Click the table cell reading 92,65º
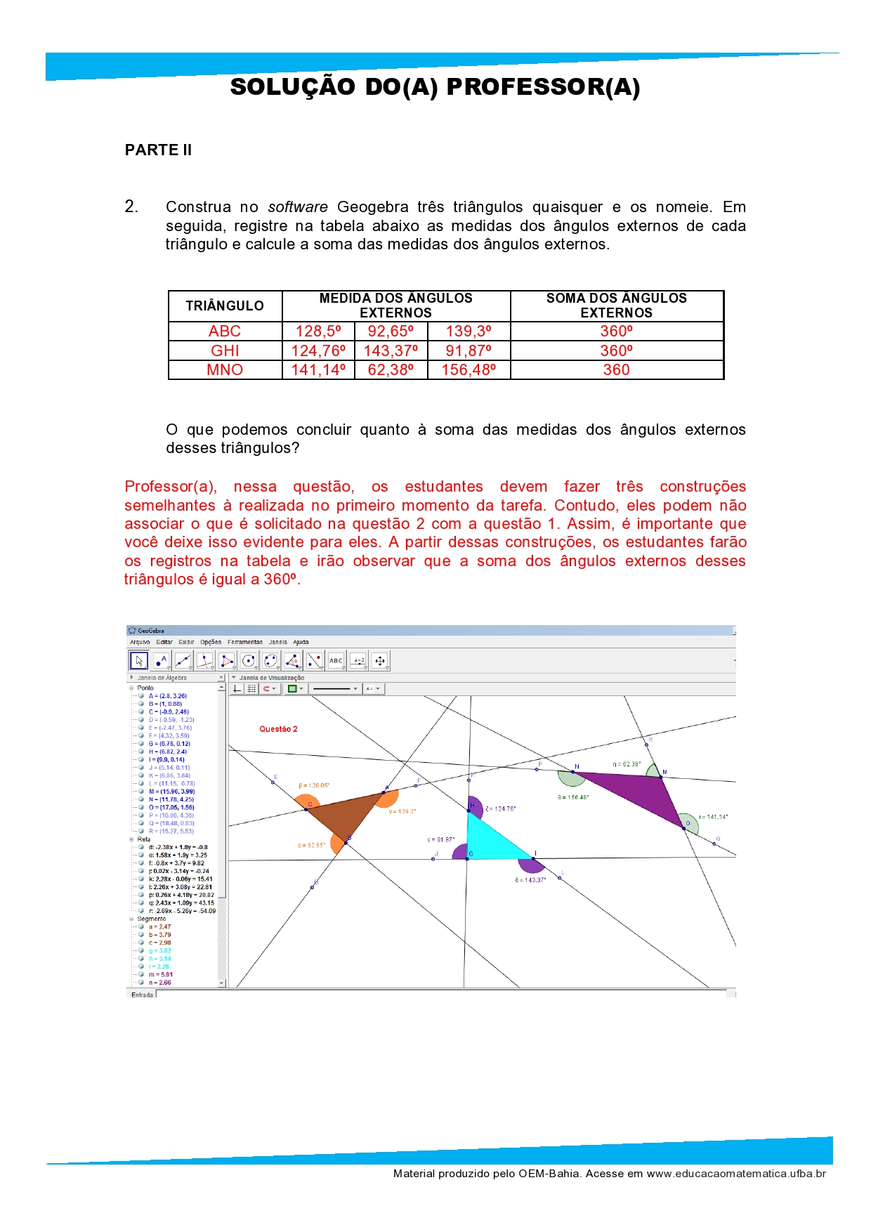391,332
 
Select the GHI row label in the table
225,350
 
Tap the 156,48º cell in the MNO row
469,369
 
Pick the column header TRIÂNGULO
225,306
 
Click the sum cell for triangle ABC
616,332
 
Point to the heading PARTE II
158,150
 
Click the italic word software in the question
298,207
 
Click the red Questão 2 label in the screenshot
278,729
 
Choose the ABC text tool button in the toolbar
336,660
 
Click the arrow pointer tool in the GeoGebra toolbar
138,660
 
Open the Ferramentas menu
244,642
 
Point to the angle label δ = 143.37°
530,880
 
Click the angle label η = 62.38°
627,764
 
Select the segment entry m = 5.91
161,974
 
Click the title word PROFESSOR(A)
543,87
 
